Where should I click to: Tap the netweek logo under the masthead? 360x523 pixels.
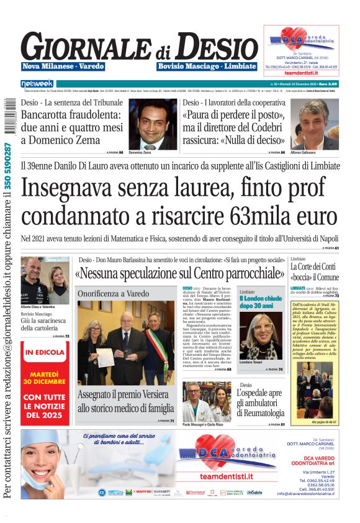[37, 83]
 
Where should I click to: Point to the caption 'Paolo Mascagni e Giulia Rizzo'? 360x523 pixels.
[205, 425]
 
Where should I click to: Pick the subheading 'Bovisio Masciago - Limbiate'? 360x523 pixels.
[207, 66]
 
